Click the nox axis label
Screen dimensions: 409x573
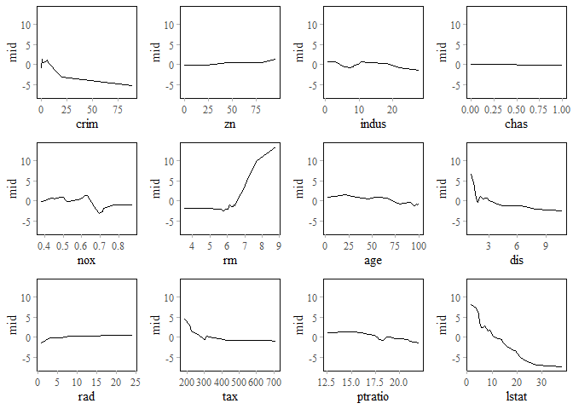(x=85, y=260)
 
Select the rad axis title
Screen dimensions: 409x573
(x=85, y=396)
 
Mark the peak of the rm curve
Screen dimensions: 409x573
(x=275, y=147)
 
